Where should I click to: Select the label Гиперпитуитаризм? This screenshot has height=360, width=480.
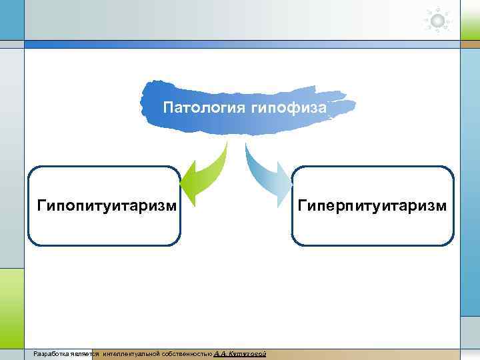pyautogui.click(x=373, y=205)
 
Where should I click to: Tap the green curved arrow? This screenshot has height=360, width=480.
pyautogui.click(x=204, y=175)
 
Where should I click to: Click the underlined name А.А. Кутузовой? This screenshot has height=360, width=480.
pyautogui.click(x=241, y=353)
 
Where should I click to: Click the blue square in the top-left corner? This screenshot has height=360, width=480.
pyautogui.click(x=11, y=20)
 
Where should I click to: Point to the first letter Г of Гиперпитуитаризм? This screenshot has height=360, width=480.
pyautogui.click(x=302, y=205)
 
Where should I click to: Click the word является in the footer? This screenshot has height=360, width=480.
pyautogui.click(x=84, y=353)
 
